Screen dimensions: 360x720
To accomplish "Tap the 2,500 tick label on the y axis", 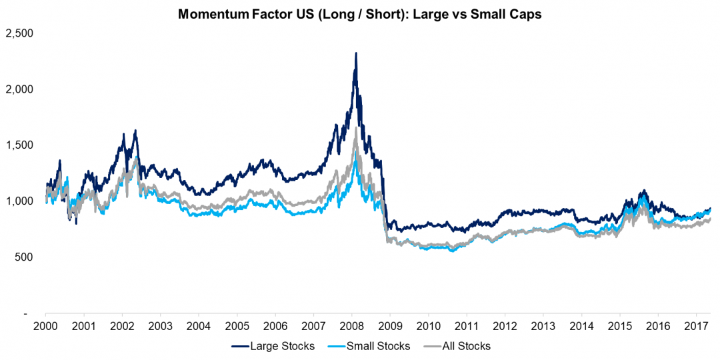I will (x=19, y=32).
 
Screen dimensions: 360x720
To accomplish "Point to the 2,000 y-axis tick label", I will (x=19, y=89).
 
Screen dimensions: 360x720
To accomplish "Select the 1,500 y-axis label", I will (x=19, y=145).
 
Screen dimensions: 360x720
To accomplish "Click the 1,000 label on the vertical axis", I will (x=19, y=201).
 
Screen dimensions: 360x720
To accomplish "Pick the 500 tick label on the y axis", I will (x=25, y=257).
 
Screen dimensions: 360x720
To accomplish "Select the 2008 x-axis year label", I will (x=351, y=326).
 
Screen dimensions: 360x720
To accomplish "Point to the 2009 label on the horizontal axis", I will (x=389, y=326).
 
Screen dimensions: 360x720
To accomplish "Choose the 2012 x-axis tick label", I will (x=505, y=326).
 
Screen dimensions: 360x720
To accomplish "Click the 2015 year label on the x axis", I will (x=619, y=326).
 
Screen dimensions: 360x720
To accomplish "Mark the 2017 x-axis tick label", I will (x=696, y=326).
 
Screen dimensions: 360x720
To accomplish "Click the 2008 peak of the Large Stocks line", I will (x=356, y=53).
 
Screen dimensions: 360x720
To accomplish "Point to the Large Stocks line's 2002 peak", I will (x=135, y=131).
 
